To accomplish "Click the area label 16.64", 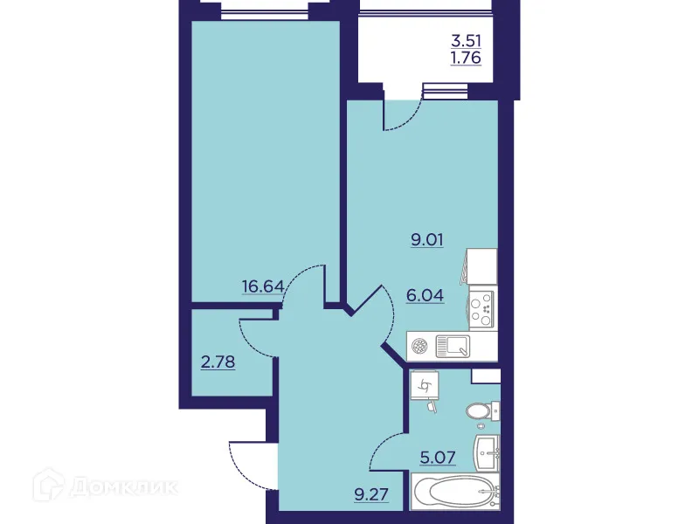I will [262, 286].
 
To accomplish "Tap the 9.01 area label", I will [427, 240].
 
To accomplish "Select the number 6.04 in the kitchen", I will [426, 295].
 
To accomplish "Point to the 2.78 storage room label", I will [218, 360].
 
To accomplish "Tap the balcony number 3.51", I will [466, 39].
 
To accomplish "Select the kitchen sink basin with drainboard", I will [453, 347].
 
